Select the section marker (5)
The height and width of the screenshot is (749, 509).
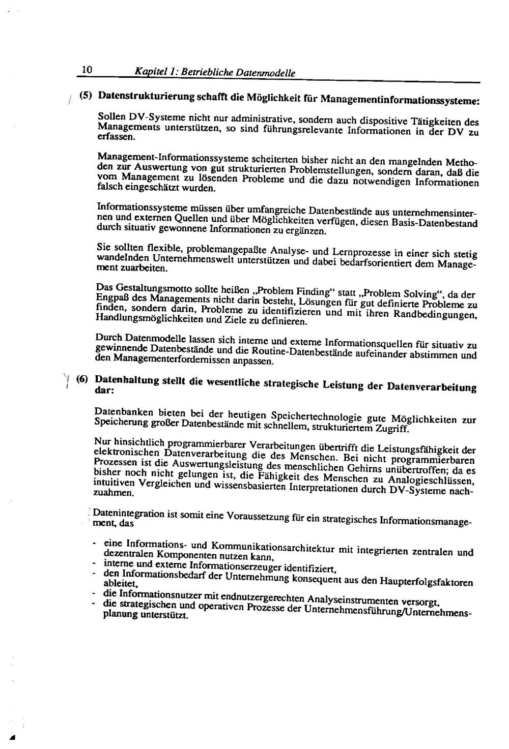pyautogui.click(x=86, y=95)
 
